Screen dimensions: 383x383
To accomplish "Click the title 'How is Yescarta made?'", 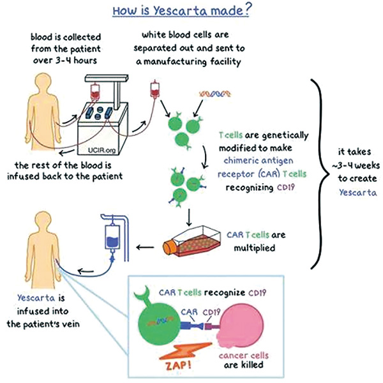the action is [181, 10].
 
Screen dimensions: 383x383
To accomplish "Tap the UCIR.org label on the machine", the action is [102, 150].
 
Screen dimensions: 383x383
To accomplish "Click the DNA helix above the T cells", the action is [214, 94].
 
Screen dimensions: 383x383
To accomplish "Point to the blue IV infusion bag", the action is [112, 237].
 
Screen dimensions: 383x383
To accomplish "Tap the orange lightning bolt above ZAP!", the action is [185, 351].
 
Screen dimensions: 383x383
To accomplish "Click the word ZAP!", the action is [179, 366].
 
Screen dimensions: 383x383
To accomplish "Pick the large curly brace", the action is [320, 174].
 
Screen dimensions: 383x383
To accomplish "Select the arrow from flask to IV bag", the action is [145, 248].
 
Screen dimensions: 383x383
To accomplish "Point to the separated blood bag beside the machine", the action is [154, 89].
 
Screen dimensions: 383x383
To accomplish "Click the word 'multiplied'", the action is [255, 248].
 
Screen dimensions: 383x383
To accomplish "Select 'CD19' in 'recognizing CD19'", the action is [286, 187].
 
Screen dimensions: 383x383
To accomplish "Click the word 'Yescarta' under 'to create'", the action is [358, 193].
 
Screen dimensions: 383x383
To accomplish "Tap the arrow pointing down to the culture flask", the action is [189, 218].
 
